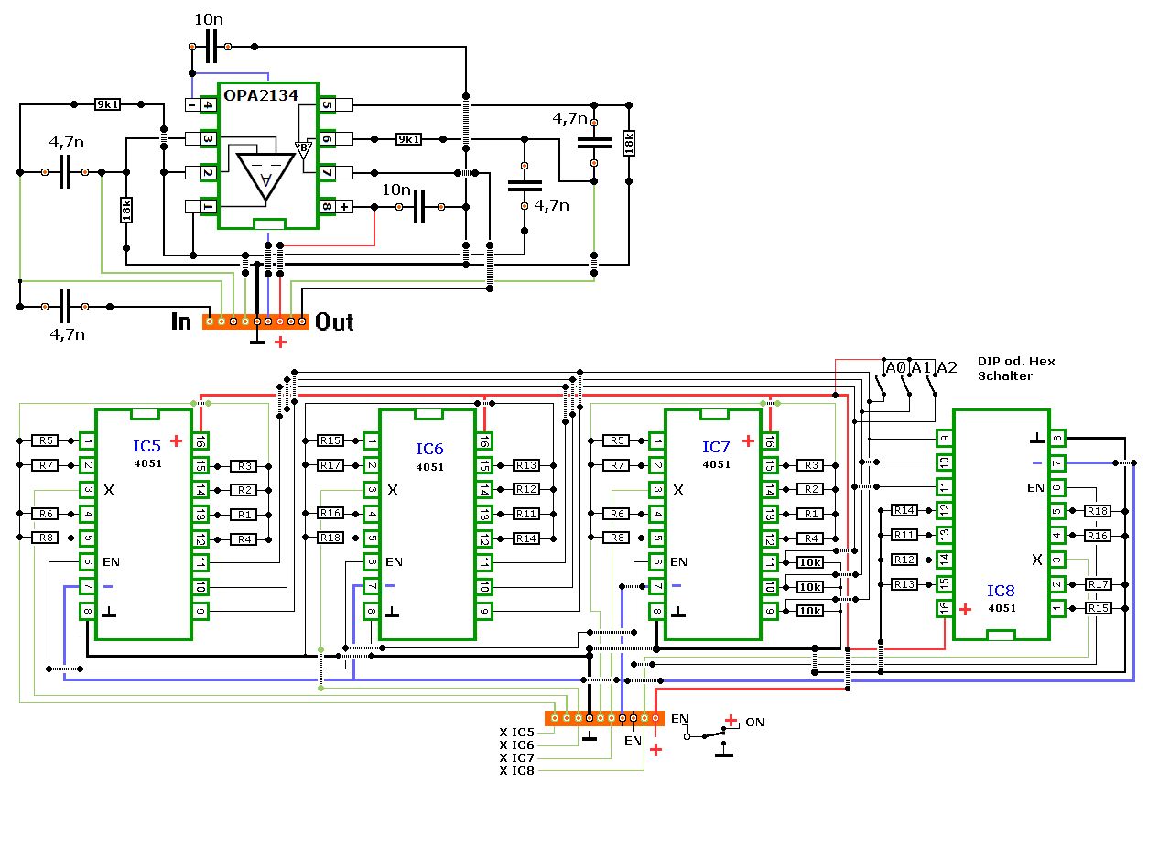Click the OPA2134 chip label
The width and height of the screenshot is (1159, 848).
261,95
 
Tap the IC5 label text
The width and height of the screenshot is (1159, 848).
147,446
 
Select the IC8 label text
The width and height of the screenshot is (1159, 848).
1001,591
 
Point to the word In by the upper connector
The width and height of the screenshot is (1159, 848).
181,321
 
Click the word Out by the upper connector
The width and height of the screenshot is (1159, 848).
334,322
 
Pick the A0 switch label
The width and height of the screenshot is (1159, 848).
895,367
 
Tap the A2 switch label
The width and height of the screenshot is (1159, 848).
948,367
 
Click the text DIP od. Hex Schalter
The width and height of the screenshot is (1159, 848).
1016,369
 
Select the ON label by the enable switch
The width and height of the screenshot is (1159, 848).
754,723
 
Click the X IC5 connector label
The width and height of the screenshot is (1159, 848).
516,732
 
